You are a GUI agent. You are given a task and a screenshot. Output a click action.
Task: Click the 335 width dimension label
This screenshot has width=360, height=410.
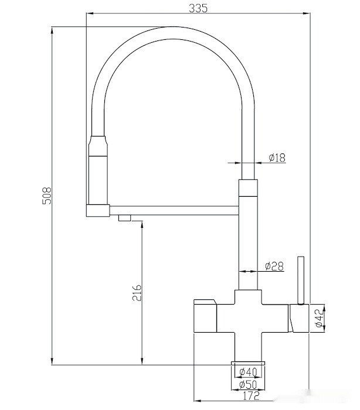pyautogui.click(x=198, y=8)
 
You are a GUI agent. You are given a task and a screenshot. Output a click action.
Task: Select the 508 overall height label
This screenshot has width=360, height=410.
pyautogui.click(x=47, y=195)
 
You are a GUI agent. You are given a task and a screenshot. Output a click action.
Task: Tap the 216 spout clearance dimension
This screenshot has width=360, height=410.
pyautogui.click(x=137, y=293)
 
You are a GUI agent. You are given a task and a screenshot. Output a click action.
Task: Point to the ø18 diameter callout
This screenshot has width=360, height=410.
pyautogui.click(x=277, y=158)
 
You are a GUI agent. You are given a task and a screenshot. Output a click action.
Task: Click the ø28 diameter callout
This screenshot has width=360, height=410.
pyautogui.click(x=274, y=266)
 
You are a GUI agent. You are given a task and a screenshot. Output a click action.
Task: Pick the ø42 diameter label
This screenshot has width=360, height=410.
pyautogui.click(x=318, y=318)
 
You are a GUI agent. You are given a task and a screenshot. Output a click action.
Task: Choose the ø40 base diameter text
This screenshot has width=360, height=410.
pyautogui.click(x=249, y=371)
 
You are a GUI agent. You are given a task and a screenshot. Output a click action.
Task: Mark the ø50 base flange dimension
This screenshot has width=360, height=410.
pyautogui.click(x=248, y=385)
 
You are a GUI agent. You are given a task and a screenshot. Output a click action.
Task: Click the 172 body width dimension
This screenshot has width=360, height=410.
pyautogui.click(x=251, y=396)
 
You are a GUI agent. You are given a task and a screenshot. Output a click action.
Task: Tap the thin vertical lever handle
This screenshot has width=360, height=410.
pyautogui.click(x=301, y=281)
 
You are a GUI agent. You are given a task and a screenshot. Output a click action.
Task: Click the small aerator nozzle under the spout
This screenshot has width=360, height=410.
pyautogui.click(x=124, y=218)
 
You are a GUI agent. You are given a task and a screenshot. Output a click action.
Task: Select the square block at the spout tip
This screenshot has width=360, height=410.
pyautogui.click(x=98, y=211)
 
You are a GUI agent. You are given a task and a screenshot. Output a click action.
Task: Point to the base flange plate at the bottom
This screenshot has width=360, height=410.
pyautogui.click(x=248, y=363)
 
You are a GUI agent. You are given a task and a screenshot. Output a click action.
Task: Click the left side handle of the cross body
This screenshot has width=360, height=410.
pyautogui.click(x=205, y=316)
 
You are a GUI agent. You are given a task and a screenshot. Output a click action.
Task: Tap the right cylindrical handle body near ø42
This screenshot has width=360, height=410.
pyautogui.click(x=299, y=318)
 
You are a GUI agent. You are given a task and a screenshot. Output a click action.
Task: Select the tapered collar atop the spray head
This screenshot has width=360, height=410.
pyautogui.click(x=98, y=146)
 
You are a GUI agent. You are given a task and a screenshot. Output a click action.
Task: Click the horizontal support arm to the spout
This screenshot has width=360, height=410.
pyautogui.click(x=174, y=210)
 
